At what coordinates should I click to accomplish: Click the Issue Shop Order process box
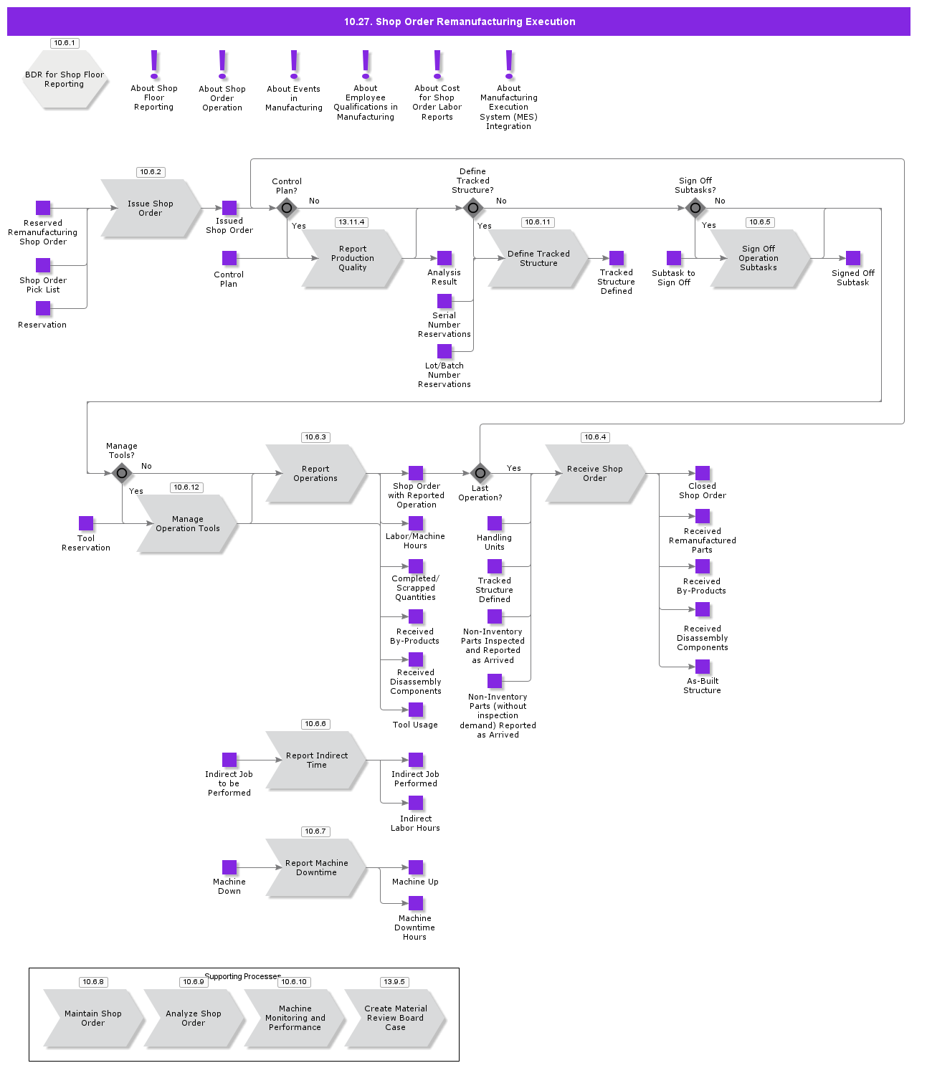click(151, 209)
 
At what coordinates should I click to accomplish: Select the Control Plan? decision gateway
click(287, 209)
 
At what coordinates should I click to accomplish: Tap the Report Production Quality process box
click(352, 259)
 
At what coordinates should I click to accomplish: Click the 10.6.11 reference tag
click(538, 222)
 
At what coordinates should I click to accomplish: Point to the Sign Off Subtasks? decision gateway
click(695, 209)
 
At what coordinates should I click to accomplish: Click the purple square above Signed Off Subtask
click(853, 258)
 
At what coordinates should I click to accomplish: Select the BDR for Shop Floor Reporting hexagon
click(65, 80)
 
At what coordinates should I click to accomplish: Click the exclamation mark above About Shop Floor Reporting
click(154, 65)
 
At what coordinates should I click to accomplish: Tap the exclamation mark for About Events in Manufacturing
click(294, 65)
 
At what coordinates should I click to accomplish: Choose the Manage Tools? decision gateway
click(122, 473)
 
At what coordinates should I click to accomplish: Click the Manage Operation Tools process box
click(187, 524)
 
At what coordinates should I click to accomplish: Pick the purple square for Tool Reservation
click(86, 523)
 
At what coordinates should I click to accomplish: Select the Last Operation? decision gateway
click(480, 473)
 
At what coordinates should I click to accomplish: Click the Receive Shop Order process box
click(594, 474)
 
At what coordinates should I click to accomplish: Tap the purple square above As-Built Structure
click(703, 667)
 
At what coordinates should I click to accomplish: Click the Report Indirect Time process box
click(316, 761)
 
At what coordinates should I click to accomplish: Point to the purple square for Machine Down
click(229, 867)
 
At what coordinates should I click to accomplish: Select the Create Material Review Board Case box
click(395, 1019)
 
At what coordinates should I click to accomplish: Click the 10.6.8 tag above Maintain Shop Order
click(93, 982)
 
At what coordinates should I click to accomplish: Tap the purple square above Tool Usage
click(416, 710)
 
